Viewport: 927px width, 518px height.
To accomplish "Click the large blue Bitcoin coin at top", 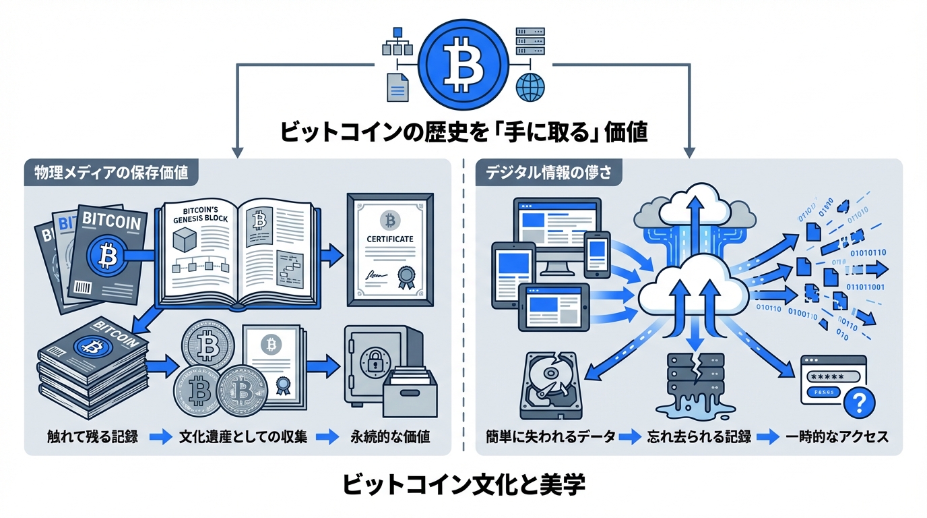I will click(463, 60).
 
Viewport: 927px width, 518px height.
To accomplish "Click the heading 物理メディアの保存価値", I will click(111, 173).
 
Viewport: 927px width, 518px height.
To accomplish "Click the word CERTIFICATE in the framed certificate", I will click(390, 239).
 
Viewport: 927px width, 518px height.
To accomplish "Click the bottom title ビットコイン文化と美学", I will click(463, 485).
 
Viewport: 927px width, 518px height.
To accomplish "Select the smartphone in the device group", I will click(596, 254).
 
